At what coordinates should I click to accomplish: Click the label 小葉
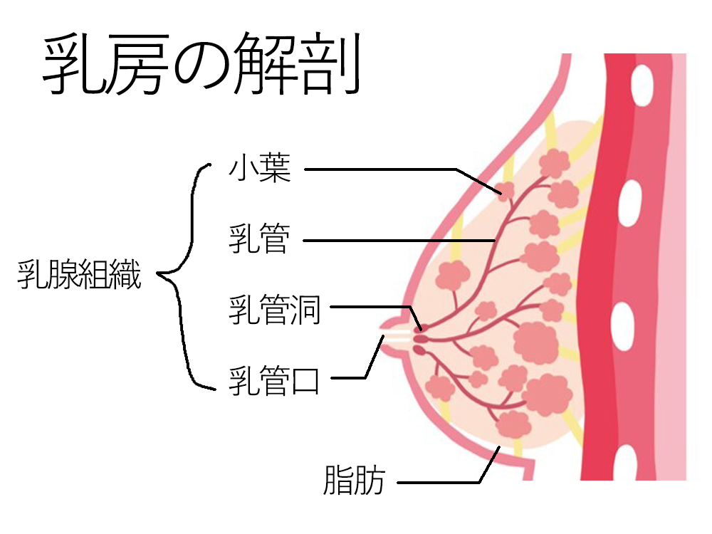pyautogui.click(x=259, y=170)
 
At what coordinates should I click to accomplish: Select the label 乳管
pyautogui.click(x=259, y=240)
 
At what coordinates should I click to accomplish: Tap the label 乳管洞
pyautogui.click(x=275, y=311)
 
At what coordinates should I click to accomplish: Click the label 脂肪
pyautogui.click(x=354, y=481)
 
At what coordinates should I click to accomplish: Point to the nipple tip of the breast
pyautogui.click(x=385, y=335)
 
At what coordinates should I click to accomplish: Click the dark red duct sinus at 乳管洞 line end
pyautogui.click(x=418, y=329)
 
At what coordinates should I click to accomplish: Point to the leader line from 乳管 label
pyautogui.click(x=399, y=241)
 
